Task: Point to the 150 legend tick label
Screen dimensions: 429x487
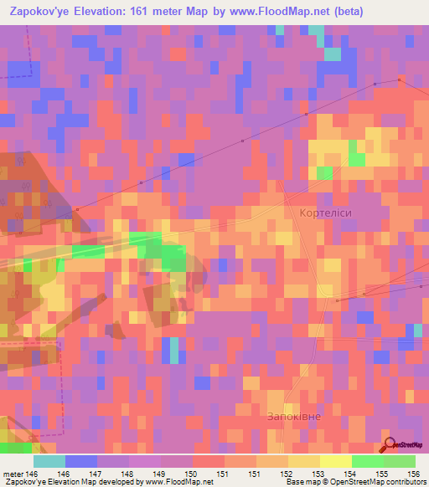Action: tap(192, 474)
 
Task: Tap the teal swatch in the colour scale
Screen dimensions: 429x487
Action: tap(49, 461)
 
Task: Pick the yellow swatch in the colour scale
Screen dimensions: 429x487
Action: tap(336, 461)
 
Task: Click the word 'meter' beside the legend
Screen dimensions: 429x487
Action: tap(13, 474)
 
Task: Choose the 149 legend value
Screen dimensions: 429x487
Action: tap(160, 474)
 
